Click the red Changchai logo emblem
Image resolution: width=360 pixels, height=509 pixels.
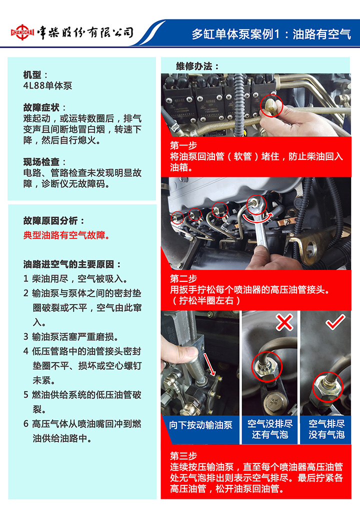(x=22, y=32)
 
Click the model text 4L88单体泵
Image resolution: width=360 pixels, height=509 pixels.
(x=47, y=86)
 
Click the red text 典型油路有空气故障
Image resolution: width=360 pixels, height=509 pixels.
(x=67, y=235)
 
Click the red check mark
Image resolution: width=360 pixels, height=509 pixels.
(x=335, y=321)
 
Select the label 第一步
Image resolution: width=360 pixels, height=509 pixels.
(x=183, y=145)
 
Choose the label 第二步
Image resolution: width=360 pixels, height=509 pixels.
(x=183, y=278)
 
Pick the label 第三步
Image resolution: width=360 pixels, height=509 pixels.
(x=183, y=456)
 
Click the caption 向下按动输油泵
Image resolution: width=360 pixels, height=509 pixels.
(x=200, y=425)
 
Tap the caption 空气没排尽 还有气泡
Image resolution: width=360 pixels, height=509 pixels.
(x=270, y=429)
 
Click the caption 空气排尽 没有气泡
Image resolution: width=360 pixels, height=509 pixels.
(x=326, y=429)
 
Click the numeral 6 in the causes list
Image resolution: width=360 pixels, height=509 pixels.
(x=26, y=424)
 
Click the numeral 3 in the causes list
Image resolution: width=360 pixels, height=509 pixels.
(x=26, y=337)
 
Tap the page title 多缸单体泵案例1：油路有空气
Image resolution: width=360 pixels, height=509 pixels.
(x=271, y=34)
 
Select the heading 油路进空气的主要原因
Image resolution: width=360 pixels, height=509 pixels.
(x=71, y=264)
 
